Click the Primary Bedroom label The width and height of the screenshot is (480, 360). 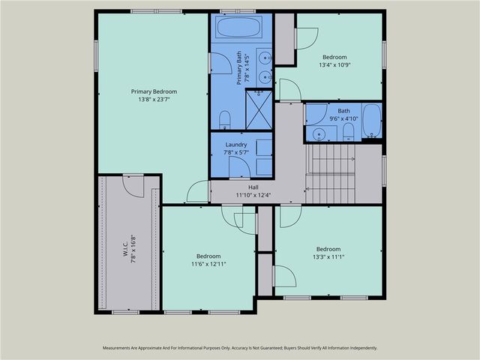point(154,91)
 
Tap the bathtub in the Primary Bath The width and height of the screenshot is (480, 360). point(238,27)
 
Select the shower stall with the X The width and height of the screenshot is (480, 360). point(259,110)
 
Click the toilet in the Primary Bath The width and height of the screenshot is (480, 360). point(225,120)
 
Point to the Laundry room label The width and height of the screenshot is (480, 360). point(236,145)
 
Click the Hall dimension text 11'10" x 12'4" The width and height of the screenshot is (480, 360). point(253,195)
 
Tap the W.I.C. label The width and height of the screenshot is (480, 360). point(126,249)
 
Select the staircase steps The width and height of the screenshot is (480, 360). point(331,173)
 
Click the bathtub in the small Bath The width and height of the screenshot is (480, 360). point(372,121)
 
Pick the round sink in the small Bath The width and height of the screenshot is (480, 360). point(319,134)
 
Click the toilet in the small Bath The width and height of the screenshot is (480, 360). point(348,132)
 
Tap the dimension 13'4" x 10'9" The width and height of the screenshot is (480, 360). point(334,65)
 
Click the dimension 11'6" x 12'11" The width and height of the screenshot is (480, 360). point(208,264)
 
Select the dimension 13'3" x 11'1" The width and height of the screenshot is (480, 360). point(328,256)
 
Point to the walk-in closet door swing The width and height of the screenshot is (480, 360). point(133,187)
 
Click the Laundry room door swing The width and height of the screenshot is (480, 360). point(240,167)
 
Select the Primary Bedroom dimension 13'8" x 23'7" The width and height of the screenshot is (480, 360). point(154,100)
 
